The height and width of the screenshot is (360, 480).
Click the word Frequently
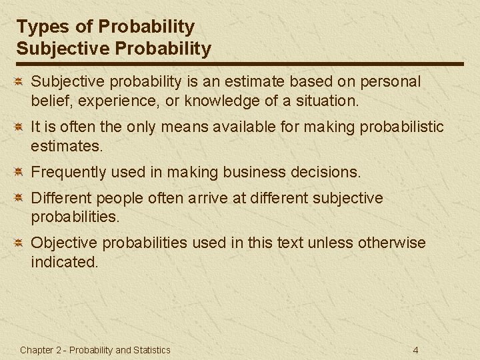[x=69, y=172]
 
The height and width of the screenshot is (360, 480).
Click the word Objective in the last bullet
[x=61, y=243]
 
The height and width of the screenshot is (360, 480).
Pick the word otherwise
[x=391, y=243]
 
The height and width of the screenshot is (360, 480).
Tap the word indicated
[x=63, y=262]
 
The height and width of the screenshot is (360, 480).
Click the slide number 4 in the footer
[x=415, y=350]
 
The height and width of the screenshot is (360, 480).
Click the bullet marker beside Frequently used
[x=20, y=172]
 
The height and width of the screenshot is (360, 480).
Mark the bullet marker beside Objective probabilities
[x=20, y=243]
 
